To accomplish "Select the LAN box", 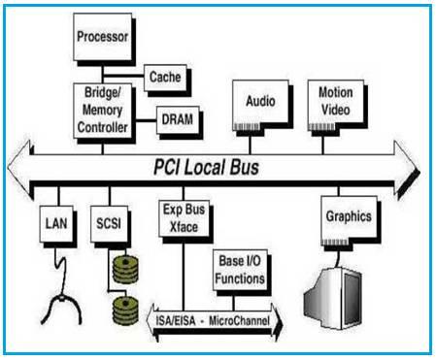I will click(53, 222).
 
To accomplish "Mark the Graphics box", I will click(349, 216).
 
